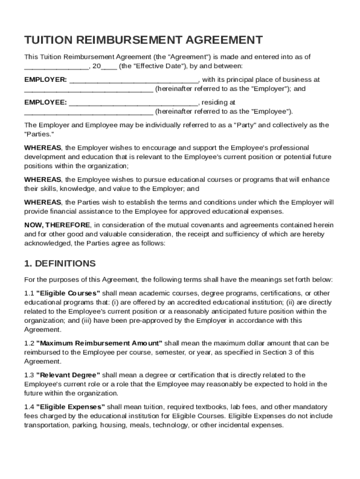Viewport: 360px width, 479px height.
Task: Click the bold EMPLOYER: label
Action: tap(45, 80)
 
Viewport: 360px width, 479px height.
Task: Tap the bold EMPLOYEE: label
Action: tap(45, 102)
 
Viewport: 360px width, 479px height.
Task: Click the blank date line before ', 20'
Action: tap(56, 67)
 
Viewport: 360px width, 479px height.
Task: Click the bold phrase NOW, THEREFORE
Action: tap(58, 225)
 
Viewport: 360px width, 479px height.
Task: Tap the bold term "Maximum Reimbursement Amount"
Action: tap(99, 343)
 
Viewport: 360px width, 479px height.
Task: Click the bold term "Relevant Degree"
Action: tap(68, 375)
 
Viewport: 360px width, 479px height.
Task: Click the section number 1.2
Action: tap(29, 343)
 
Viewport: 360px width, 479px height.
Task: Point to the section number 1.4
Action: tap(29, 406)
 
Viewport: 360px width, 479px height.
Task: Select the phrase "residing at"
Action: tap(219, 102)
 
